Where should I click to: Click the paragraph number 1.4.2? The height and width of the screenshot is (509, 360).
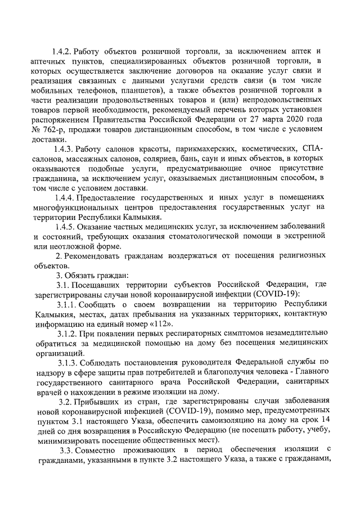coord(61,52)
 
